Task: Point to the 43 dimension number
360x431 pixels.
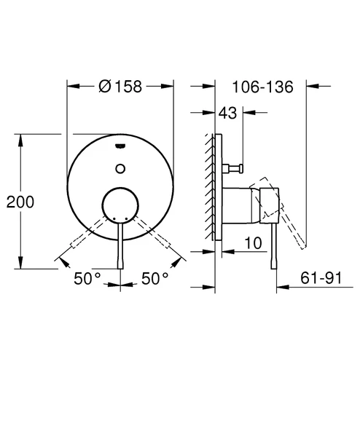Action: [x=228, y=113]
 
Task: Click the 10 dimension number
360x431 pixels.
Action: [x=253, y=243]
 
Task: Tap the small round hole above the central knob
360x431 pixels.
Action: [x=121, y=169]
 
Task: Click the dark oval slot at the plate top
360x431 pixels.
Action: [x=121, y=147]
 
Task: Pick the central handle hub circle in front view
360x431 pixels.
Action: [x=121, y=205]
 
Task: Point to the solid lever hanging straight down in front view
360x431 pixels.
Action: [x=121, y=248]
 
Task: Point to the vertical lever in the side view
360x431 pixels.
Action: [x=273, y=248]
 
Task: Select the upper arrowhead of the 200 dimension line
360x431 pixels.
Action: [x=20, y=138]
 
